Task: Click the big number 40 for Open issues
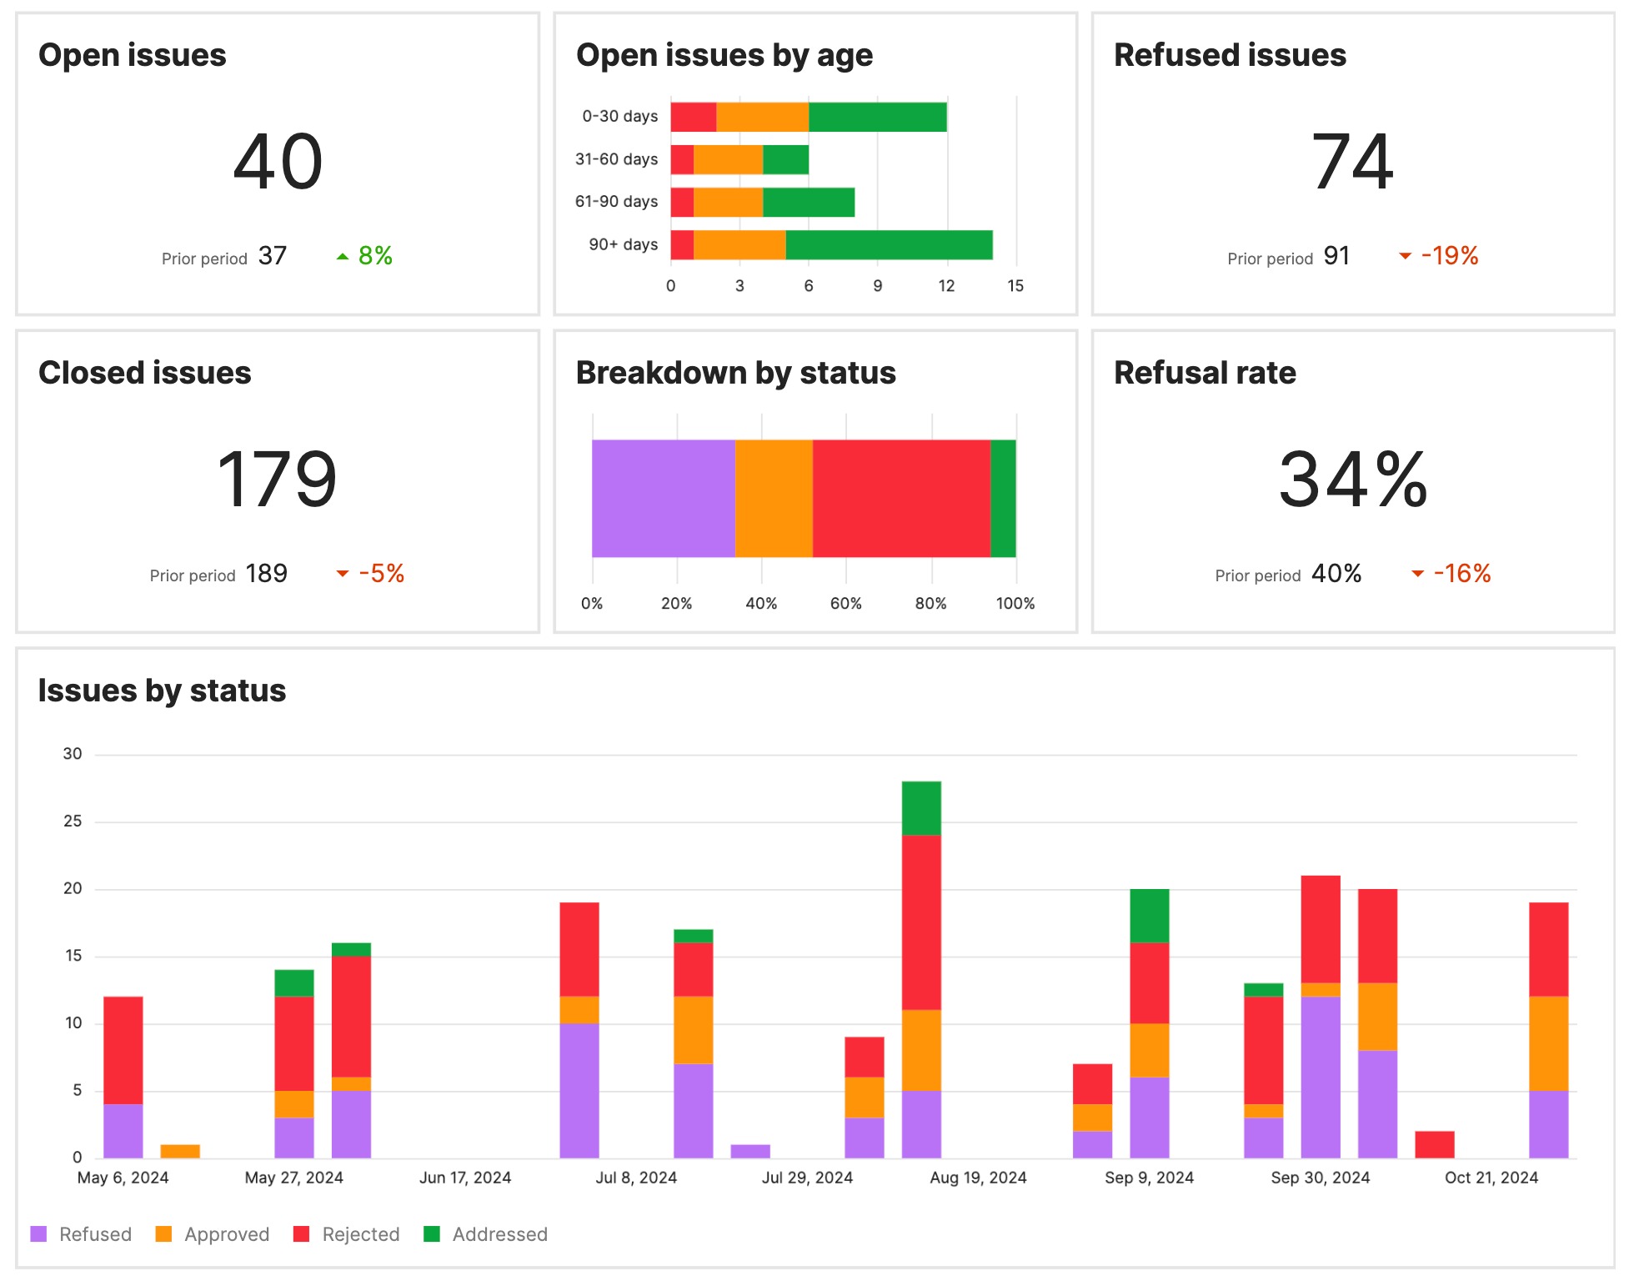(278, 162)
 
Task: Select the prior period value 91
(1336, 256)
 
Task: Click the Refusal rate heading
(1204, 373)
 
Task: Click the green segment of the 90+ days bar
(889, 245)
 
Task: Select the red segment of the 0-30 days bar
(693, 117)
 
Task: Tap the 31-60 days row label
(616, 159)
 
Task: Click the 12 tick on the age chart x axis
(946, 286)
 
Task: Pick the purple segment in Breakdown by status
(663, 499)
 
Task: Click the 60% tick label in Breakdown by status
(845, 604)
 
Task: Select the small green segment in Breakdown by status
(1003, 499)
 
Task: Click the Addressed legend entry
(499, 1234)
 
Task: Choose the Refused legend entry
(94, 1234)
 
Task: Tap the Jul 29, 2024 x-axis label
(807, 1178)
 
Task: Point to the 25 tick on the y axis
(73, 821)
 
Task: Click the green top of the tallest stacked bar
(921, 807)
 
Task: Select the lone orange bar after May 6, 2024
(180, 1152)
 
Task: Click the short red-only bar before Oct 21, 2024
(1434, 1144)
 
